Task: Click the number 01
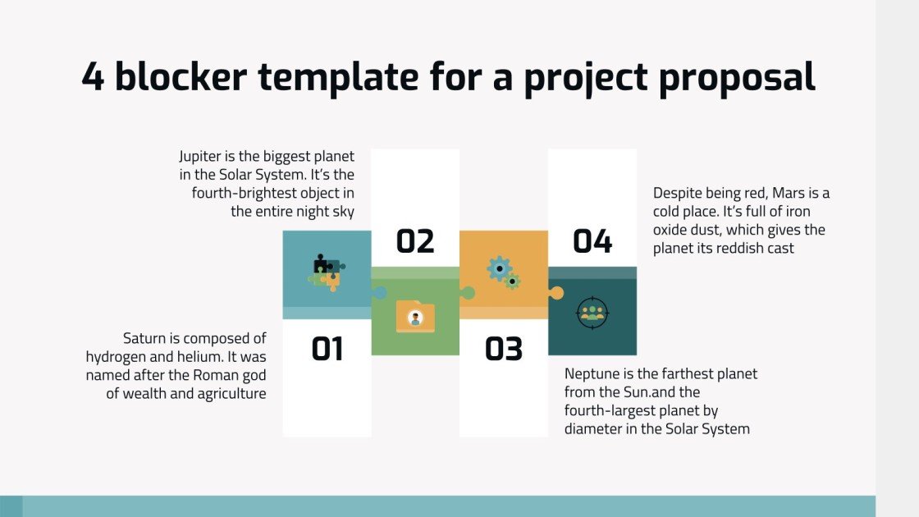(x=327, y=350)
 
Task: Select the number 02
(x=415, y=242)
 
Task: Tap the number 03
(x=503, y=350)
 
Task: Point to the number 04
(x=592, y=242)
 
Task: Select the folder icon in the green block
(x=415, y=317)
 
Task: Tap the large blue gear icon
(x=498, y=268)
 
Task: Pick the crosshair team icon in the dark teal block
(x=592, y=312)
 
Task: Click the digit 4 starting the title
(x=94, y=77)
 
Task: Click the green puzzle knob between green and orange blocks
(x=468, y=291)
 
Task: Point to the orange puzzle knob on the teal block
(x=556, y=292)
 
